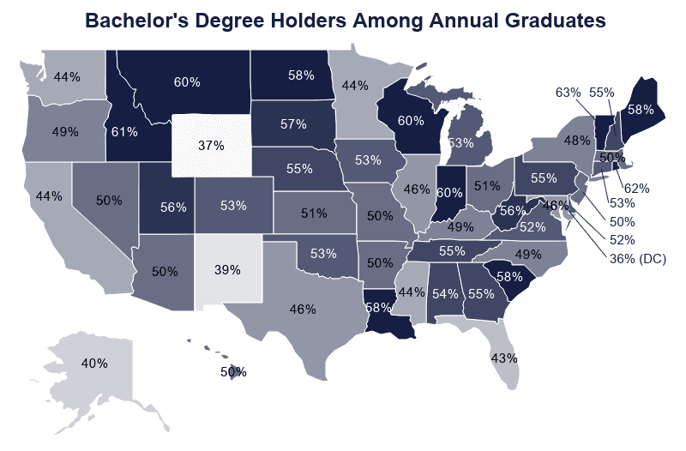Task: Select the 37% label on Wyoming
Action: coord(211,146)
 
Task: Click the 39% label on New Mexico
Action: coord(226,269)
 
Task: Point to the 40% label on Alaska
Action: coord(94,363)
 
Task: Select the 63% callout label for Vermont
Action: coord(569,92)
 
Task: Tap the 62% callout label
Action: coord(636,188)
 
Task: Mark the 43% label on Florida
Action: coord(504,357)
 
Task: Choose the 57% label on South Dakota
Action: coord(293,124)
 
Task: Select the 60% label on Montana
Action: coord(187,82)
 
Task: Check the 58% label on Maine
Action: coord(641,110)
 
